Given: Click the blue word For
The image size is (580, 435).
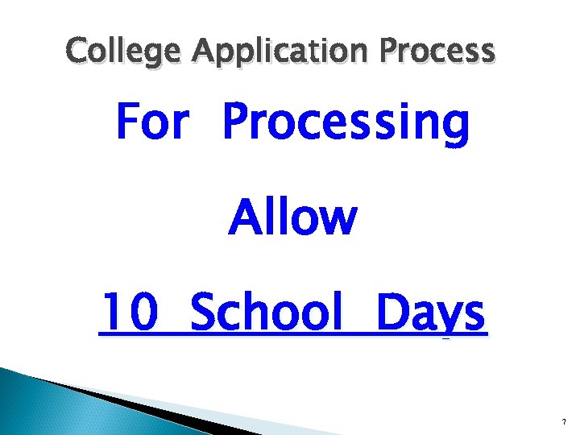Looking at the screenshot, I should (153, 123).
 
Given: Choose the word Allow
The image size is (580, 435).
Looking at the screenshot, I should (292, 217).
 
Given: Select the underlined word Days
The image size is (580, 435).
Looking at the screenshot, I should (430, 314).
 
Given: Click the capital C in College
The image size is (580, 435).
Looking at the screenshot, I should (78, 51).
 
